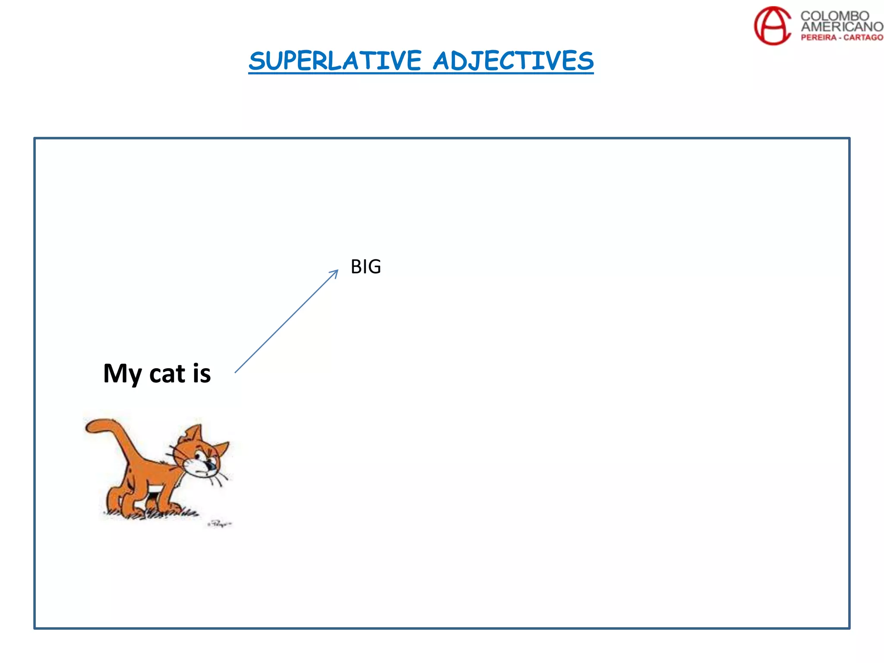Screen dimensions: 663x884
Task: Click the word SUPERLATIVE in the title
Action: coord(335,60)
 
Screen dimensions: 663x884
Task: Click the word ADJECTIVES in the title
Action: coord(513,60)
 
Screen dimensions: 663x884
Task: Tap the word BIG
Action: coord(366,267)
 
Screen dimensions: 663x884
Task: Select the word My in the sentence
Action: coord(123,373)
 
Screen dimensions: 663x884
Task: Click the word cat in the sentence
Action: coord(167,374)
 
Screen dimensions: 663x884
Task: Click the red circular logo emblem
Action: coord(772,26)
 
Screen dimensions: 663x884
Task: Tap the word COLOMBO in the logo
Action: coord(834,16)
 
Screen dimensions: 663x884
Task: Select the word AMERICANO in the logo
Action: coord(842,26)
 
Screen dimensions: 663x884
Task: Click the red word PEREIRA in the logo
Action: coord(818,38)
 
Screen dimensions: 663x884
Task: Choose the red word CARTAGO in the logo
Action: coord(863,38)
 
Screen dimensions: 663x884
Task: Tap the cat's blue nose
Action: coord(212,466)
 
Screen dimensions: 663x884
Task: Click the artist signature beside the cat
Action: coord(219,524)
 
